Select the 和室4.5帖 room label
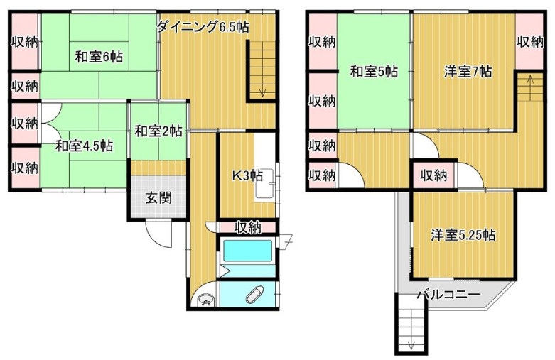pos(84,146)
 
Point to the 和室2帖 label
pos(158,131)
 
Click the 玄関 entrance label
pos(158,197)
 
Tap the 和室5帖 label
pos(373,72)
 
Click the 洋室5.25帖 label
pos(463,236)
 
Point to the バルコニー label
pos(449,294)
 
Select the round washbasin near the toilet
pos(205,300)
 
